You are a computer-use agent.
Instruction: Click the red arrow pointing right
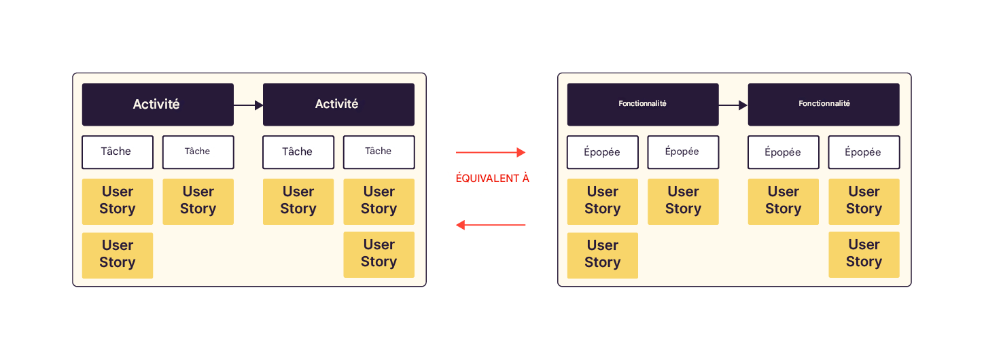491,153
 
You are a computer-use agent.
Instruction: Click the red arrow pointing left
491,225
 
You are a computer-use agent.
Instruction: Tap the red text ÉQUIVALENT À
492,179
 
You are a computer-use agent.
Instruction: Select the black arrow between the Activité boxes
248,105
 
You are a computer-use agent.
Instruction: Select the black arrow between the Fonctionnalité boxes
733,105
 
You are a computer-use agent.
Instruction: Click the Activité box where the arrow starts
158,105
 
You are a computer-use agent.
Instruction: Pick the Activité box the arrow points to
338,105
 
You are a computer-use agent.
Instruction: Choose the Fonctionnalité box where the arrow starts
643,105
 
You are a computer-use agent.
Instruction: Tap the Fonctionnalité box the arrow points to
824,105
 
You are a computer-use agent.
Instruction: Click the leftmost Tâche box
118,152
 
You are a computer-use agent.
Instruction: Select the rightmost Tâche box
379,152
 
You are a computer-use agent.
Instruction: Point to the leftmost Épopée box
603,152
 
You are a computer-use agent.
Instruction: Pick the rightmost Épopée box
864,152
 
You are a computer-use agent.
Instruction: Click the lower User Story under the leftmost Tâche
118,255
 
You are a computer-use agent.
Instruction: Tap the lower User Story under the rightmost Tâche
379,254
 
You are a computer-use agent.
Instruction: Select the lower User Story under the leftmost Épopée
603,255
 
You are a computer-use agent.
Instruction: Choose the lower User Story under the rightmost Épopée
864,254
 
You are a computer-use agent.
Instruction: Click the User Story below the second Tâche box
198,201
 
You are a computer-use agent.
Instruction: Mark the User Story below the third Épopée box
784,201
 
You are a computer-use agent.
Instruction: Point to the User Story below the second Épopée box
683,201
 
